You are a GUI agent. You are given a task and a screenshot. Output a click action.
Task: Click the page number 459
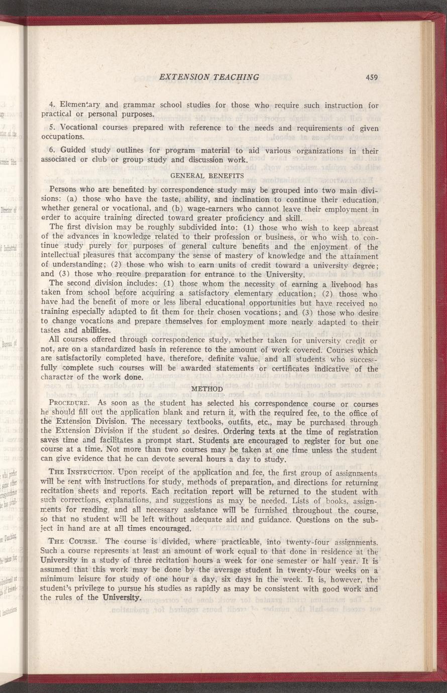[372, 77]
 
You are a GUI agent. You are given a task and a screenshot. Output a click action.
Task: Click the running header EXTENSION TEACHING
[209, 77]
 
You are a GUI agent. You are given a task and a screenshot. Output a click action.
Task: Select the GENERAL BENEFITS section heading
[207, 176]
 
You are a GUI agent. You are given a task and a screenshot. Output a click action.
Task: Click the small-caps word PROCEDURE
[70, 404]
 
